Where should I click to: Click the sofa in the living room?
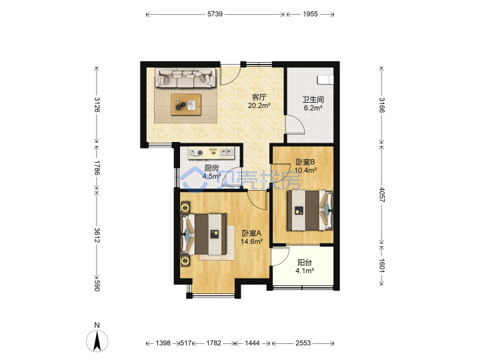186,77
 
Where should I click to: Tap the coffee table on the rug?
186,105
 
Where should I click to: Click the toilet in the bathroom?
325,79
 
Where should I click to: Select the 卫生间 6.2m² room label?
313,103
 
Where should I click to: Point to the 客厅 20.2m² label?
259,101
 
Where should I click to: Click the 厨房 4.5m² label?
211,172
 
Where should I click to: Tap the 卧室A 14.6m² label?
251,237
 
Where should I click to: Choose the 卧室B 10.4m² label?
305,166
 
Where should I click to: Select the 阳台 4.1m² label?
305,267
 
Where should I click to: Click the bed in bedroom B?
310,210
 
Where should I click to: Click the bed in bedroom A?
204,234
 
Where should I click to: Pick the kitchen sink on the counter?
227,152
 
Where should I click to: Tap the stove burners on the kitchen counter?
196,153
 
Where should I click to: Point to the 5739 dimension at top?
215,14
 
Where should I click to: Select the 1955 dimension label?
310,14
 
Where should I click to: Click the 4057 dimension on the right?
381,195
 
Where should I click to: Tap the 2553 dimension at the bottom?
303,343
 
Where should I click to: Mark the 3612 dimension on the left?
97,235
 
